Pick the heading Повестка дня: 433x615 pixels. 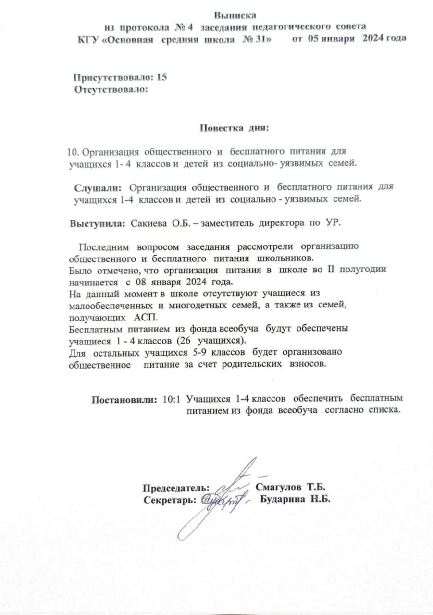pos(234,128)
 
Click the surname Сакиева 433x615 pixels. pos(147,223)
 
